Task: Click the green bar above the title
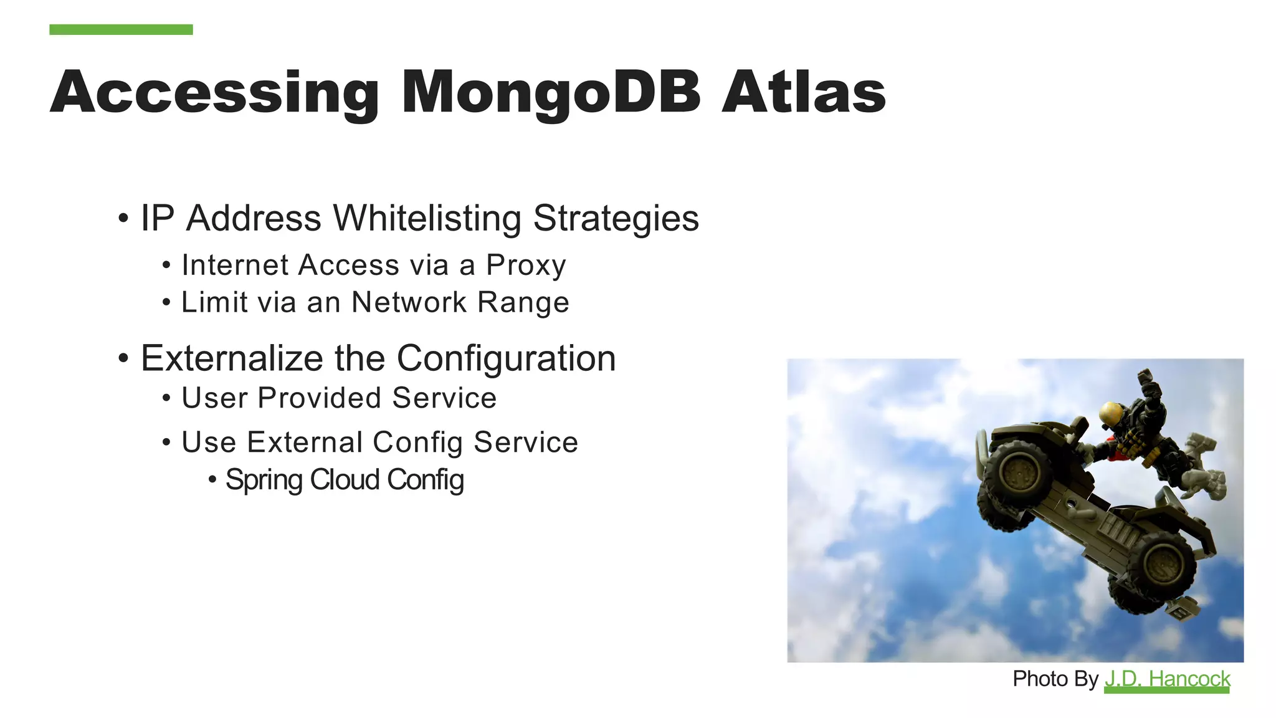[121, 29]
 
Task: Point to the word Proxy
[526, 266]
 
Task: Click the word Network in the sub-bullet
[409, 302]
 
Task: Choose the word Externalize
[232, 358]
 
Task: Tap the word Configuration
[506, 358]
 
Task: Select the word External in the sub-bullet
[305, 443]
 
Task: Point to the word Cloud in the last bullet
[345, 480]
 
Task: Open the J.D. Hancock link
[1167, 678]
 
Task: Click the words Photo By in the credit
[1055, 678]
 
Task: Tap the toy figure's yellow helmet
[1110, 412]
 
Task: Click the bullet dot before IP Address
[123, 219]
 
